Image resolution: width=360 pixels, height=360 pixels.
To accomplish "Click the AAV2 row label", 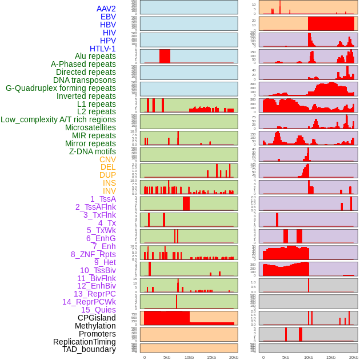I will coord(106,9).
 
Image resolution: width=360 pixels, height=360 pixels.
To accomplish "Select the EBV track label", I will coord(108,17).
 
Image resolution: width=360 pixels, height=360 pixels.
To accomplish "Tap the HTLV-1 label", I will coord(102,49).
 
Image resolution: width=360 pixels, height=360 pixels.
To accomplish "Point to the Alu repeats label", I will coord(95,56).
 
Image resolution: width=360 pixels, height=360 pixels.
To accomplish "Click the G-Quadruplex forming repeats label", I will coord(61,88).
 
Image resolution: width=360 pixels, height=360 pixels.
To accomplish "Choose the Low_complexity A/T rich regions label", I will coord(58,119).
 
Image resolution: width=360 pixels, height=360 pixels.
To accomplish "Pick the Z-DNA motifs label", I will coord(92,151).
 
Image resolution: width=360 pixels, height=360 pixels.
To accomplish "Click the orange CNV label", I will coord(107,159).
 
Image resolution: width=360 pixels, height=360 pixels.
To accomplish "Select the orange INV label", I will coord(109,191).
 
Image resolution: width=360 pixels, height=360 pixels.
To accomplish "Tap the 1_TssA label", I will coord(103,199).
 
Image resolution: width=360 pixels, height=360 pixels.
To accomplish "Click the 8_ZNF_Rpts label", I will coord(93,254).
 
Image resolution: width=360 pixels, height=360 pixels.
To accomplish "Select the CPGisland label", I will coord(97,318).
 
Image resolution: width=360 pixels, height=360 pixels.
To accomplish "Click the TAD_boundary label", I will coord(89,349).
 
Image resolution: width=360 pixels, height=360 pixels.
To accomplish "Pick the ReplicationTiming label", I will coord(84,342).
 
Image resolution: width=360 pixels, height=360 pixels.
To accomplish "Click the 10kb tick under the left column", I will coord(189,357).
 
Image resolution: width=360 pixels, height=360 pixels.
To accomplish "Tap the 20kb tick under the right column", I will coord(354,357).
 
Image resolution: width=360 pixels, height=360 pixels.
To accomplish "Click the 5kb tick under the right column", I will coord(286,357).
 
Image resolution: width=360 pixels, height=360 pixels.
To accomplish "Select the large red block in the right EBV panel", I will coord(331,23).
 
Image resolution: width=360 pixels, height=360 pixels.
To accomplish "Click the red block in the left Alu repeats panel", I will coord(165,56).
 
